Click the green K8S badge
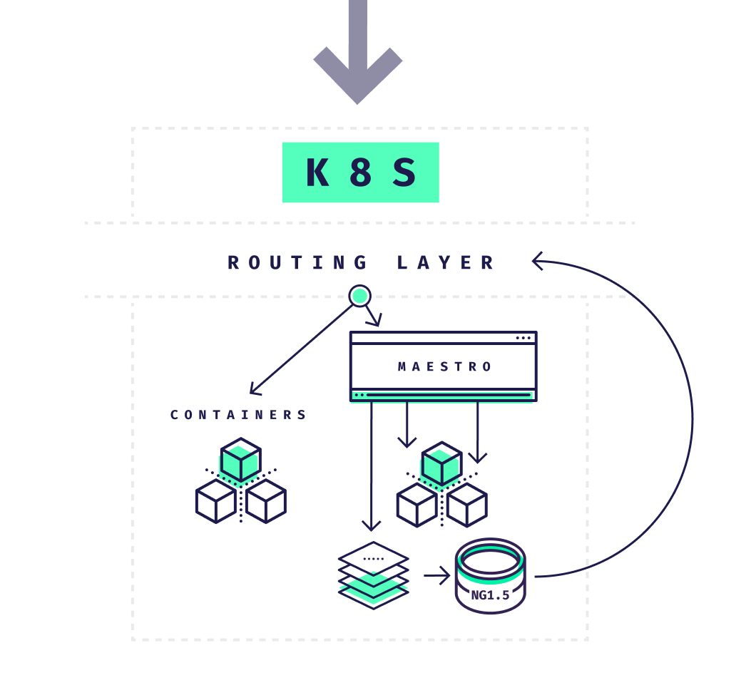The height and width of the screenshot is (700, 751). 360,173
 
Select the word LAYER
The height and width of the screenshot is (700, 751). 446,263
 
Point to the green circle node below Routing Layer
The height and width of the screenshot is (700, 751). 360,295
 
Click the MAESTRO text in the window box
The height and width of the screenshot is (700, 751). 445,367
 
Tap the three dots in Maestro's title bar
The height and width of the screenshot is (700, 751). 523,338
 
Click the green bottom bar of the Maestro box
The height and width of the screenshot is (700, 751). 444,395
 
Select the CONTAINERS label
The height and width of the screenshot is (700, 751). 239,415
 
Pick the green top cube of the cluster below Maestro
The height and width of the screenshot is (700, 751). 441,463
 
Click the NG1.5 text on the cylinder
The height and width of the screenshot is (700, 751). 490,595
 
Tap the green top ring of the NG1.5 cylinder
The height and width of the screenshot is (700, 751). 490,560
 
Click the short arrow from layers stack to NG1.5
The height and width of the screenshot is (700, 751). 436,574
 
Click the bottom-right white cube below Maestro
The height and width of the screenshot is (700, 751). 467,505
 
